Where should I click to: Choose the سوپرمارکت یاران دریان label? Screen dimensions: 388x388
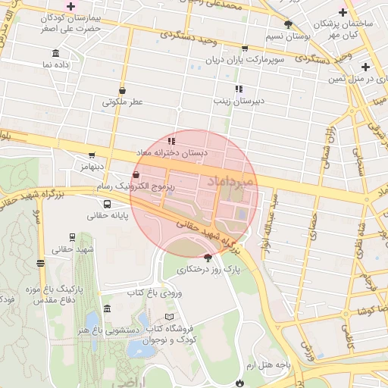248,58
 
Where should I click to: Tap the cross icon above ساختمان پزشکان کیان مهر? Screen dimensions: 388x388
343,11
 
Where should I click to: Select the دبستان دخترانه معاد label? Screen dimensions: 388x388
180,153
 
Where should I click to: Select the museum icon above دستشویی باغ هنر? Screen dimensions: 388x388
105,309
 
